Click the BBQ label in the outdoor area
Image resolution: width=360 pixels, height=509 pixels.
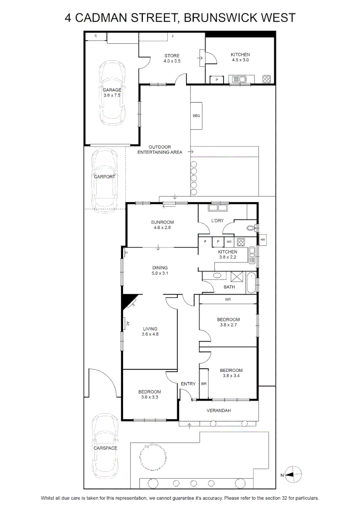coord(196,115)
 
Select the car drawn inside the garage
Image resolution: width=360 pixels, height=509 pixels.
coord(112,92)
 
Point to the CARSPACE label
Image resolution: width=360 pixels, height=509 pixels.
coord(105,448)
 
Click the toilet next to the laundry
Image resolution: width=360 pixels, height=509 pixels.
coord(252,228)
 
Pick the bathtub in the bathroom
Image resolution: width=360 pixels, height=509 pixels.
coord(251,283)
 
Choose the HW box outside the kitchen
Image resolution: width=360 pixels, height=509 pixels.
coord(262,239)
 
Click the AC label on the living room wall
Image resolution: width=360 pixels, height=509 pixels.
coord(128,323)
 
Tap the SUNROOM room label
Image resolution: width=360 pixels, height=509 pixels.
coord(162,222)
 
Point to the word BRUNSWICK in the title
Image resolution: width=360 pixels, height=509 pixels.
coord(221,17)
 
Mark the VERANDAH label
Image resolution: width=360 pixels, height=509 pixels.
coord(219,410)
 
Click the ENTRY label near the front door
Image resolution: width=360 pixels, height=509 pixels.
coord(188,384)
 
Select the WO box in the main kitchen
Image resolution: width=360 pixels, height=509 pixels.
coord(229,241)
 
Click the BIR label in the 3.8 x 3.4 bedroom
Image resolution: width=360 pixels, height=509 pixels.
coord(204,384)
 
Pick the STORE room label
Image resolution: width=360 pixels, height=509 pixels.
coord(172,56)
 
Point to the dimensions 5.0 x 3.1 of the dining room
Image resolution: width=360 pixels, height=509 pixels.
coord(160,273)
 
